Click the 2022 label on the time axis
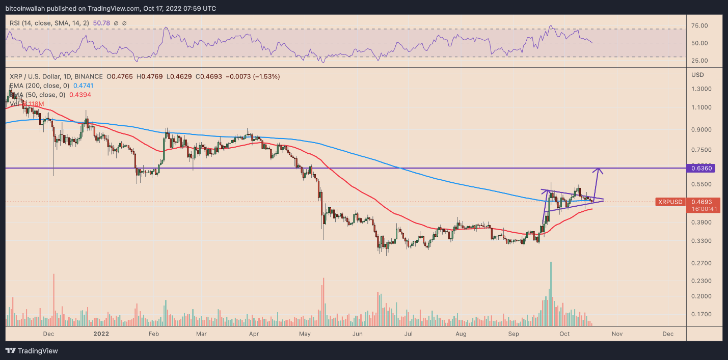[101, 334]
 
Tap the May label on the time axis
[305, 334]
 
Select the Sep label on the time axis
[514, 334]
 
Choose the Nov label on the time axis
[617, 334]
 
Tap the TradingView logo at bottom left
[32, 351]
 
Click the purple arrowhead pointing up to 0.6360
[600, 171]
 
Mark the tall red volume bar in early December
[54, 300]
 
